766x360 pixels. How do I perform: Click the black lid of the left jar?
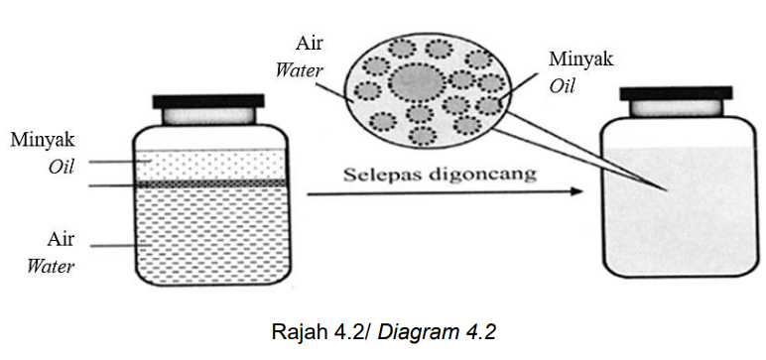[208, 101]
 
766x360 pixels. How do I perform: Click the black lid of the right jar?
[676, 93]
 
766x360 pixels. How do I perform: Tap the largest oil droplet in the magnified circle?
[417, 81]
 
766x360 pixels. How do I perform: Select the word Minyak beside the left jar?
[43, 140]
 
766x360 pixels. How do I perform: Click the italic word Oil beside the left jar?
[62, 168]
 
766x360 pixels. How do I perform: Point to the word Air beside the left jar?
[62, 239]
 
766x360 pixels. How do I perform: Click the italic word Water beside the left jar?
[51, 267]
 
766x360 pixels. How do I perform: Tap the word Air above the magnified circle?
[310, 43]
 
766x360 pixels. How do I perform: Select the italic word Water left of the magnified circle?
[299, 70]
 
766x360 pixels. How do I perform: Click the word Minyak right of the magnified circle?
[581, 60]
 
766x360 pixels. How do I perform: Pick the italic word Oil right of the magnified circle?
[563, 86]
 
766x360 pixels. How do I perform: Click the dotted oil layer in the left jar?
[211, 165]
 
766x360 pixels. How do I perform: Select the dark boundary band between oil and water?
[211, 184]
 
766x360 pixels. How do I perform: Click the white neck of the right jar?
[676, 108]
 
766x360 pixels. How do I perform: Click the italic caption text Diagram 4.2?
[437, 332]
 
